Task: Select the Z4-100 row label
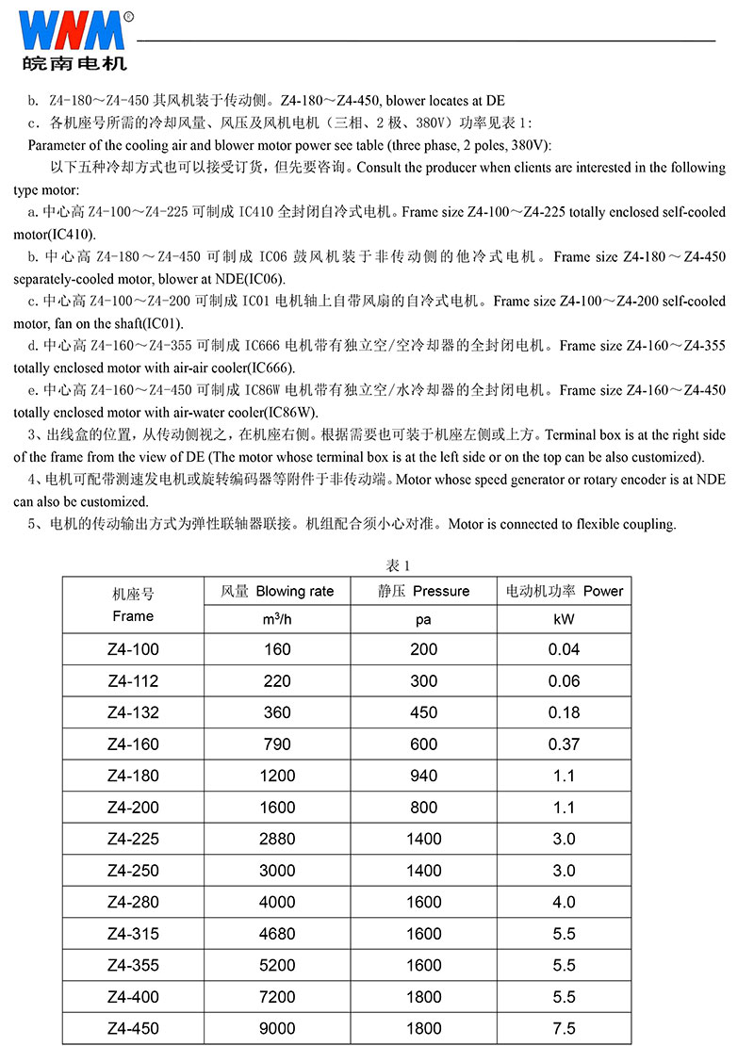[133, 649]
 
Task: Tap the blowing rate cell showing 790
[278, 744]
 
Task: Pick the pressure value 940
[423, 776]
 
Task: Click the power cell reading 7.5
[564, 1029]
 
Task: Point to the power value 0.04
[564, 649]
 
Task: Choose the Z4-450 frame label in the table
[133, 1029]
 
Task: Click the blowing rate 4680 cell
[278, 934]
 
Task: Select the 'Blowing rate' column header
[294, 592]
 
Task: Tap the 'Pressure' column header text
[440, 592]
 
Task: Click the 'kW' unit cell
[564, 620]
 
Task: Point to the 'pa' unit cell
[423, 620]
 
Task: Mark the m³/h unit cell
[278, 620]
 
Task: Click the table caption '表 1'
[400, 565]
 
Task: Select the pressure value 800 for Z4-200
[423, 808]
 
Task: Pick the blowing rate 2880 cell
[278, 839]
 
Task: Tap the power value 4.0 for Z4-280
[564, 903]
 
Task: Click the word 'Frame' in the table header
[133, 616]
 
